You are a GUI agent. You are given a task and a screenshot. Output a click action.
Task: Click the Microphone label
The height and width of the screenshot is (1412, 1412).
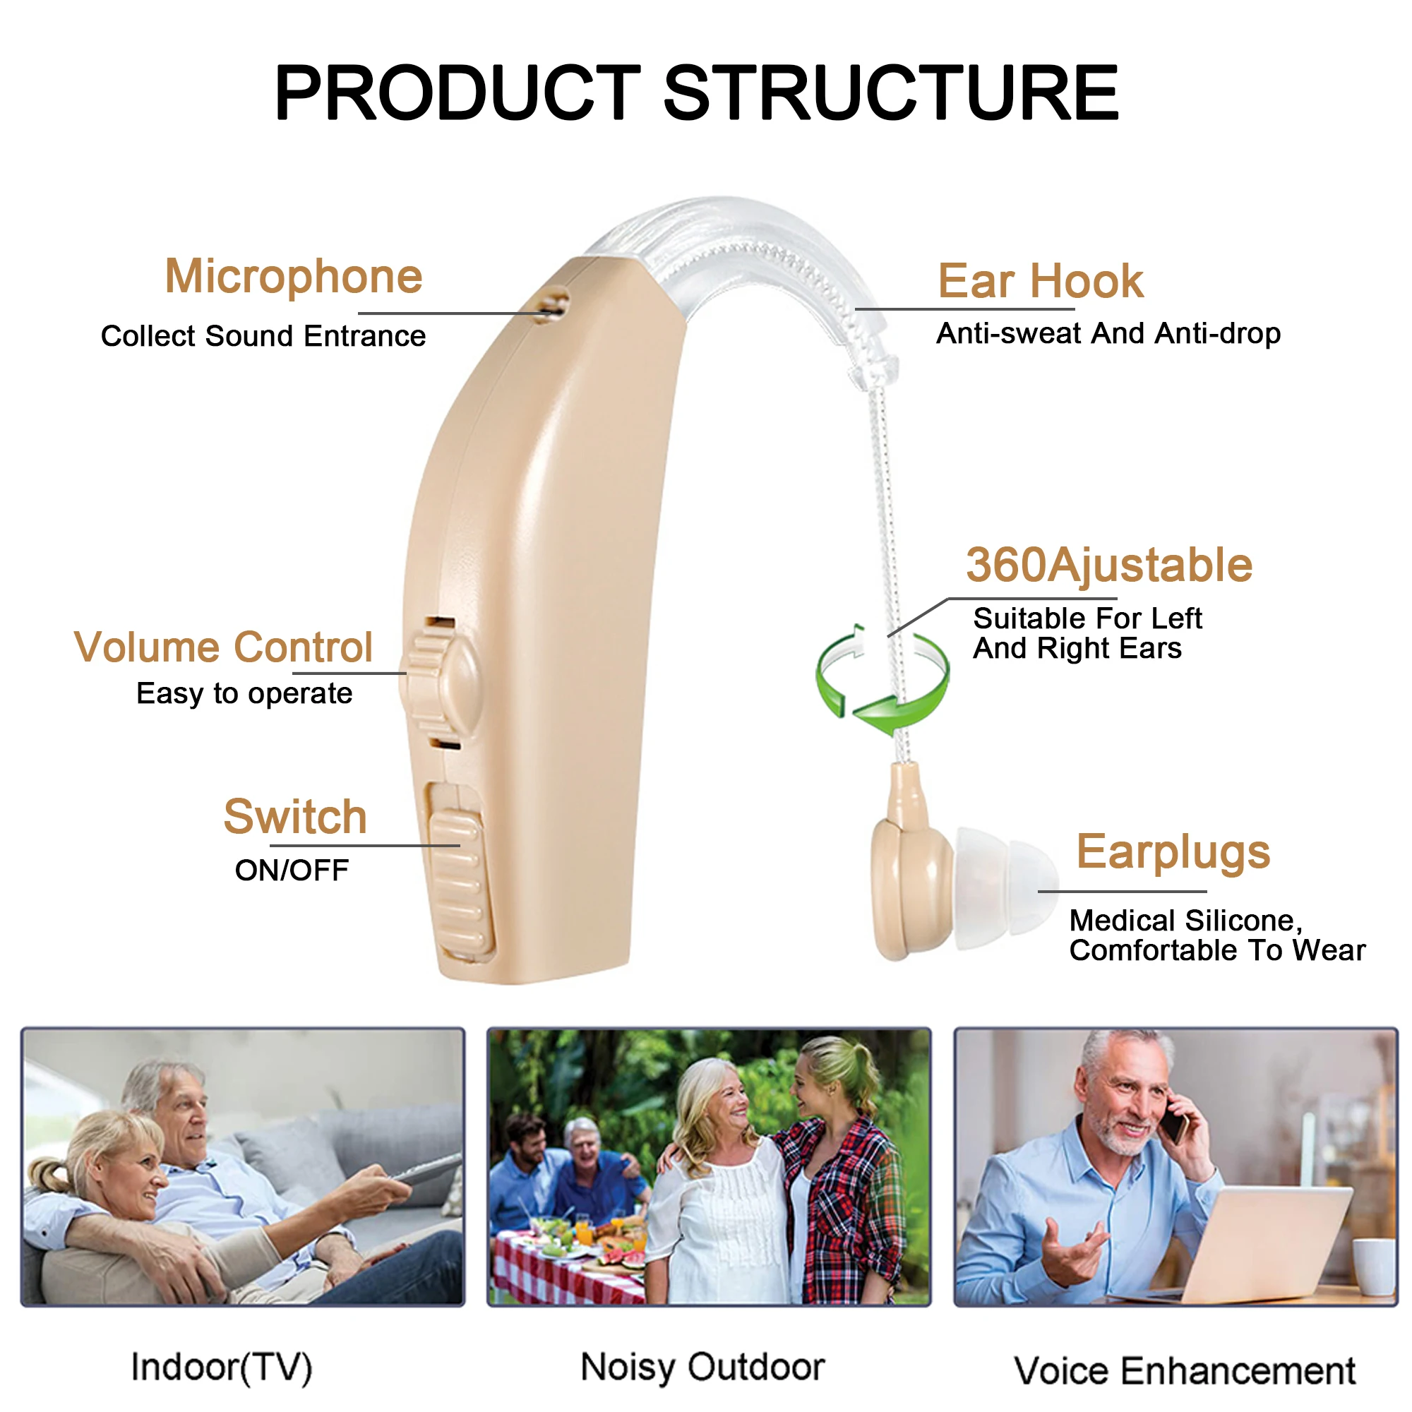pyautogui.click(x=294, y=277)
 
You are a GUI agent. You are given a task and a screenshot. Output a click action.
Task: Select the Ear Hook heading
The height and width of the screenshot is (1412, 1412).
pyautogui.click(x=1041, y=282)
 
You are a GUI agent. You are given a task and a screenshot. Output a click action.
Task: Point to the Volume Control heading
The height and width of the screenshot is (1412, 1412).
pyautogui.click(x=224, y=647)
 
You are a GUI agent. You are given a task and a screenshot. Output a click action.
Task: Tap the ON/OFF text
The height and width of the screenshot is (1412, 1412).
pyautogui.click(x=292, y=870)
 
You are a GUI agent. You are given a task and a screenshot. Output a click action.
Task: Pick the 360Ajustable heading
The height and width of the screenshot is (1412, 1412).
pyautogui.click(x=1109, y=566)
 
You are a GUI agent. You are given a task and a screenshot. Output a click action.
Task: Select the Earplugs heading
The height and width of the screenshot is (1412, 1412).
pyautogui.click(x=1173, y=853)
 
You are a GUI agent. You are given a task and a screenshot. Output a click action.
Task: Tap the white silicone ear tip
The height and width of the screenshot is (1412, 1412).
pyautogui.click(x=1005, y=888)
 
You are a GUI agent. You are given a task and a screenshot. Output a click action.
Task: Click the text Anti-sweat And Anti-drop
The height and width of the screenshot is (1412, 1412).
pyautogui.click(x=1108, y=333)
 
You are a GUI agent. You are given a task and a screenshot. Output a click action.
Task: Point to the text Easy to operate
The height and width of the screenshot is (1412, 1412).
pyautogui.click(x=244, y=693)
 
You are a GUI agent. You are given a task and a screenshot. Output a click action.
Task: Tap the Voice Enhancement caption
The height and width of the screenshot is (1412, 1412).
pyautogui.click(x=1185, y=1371)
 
